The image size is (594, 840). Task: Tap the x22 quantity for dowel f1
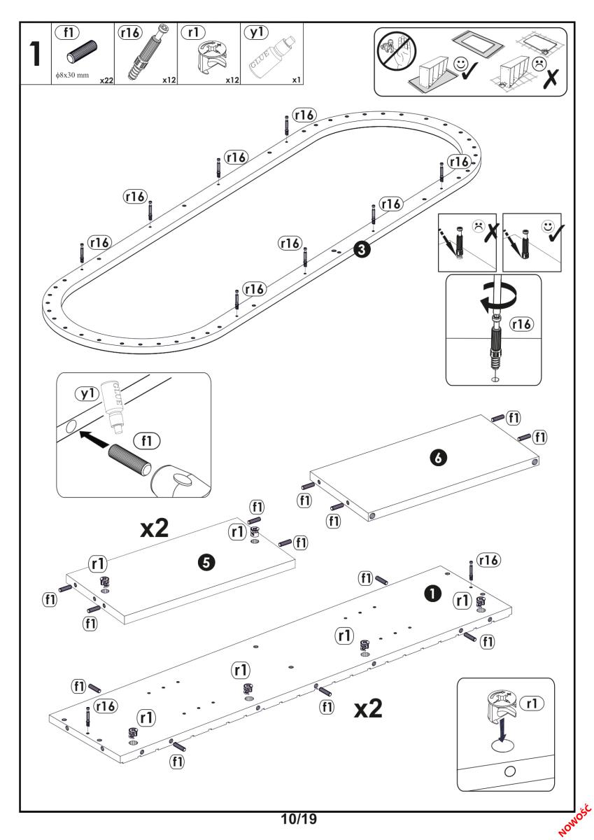[106, 80]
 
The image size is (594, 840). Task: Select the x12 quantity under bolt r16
[168, 80]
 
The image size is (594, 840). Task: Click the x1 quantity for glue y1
[297, 80]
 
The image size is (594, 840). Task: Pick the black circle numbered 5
[206, 561]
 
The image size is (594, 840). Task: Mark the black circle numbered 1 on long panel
[433, 592]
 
